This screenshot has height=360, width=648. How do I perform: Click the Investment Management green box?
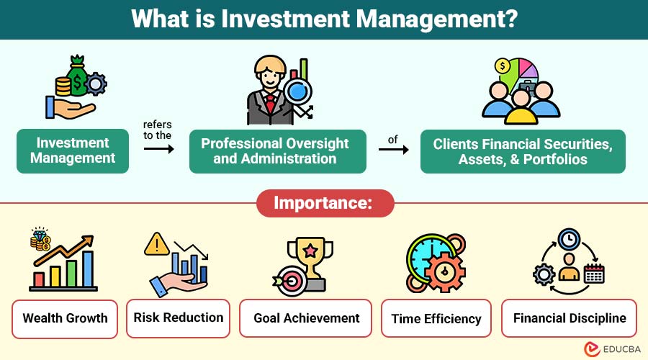(73, 151)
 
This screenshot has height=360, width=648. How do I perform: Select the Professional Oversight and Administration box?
(278, 151)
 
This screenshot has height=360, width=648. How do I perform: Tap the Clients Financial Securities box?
(523, 151)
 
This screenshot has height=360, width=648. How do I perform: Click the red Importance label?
(325, 203)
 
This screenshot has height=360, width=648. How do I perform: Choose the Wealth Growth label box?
(65, 319)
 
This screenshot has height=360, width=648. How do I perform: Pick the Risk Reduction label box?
(178, 318)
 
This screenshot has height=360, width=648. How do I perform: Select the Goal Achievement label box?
(305, 318)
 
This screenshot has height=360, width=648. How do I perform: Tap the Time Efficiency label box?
(436, 318)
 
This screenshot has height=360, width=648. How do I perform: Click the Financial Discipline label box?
(569, 318)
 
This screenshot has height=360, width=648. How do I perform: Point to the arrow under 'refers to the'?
(159, 149)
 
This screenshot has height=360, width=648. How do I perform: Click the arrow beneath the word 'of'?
(393, 149)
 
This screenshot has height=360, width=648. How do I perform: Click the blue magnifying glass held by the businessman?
(297, 91)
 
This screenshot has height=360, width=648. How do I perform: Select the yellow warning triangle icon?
(157, 244)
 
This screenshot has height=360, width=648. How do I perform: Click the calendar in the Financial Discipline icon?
(594, 274)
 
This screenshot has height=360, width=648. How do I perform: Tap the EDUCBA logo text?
(621, 349)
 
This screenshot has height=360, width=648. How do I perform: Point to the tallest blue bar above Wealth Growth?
(88, 269)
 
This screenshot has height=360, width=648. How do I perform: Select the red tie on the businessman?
(270, 104)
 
